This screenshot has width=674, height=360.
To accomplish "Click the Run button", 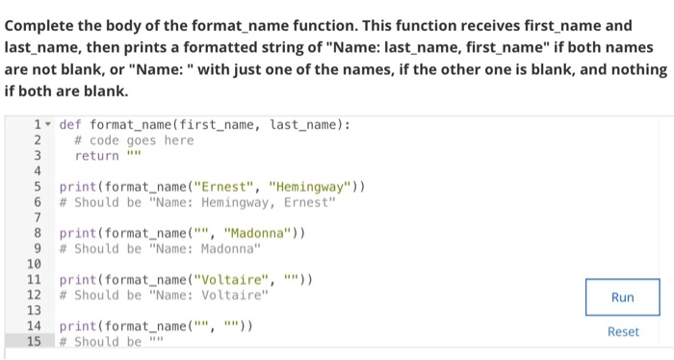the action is tap(623, 297).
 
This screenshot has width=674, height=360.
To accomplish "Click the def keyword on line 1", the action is tap(70, 124).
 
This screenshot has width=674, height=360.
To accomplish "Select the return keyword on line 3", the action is tap(97, 155).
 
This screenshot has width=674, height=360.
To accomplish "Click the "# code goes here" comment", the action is tap(134, 140).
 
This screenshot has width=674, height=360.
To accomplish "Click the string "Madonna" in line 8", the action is tap(257, 233).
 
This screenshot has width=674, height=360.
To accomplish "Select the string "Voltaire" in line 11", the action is tap(232, 279).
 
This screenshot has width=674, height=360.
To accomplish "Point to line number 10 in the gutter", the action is tap(33, 264).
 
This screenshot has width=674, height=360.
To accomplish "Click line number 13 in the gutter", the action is tap(33, 310).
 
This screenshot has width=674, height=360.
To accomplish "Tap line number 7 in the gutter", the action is tap(36, 218).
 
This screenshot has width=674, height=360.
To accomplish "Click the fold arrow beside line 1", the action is tap(48, 124).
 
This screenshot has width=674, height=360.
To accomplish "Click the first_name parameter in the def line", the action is tap(220, 124).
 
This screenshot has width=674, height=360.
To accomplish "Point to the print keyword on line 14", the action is tap(78, 325).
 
